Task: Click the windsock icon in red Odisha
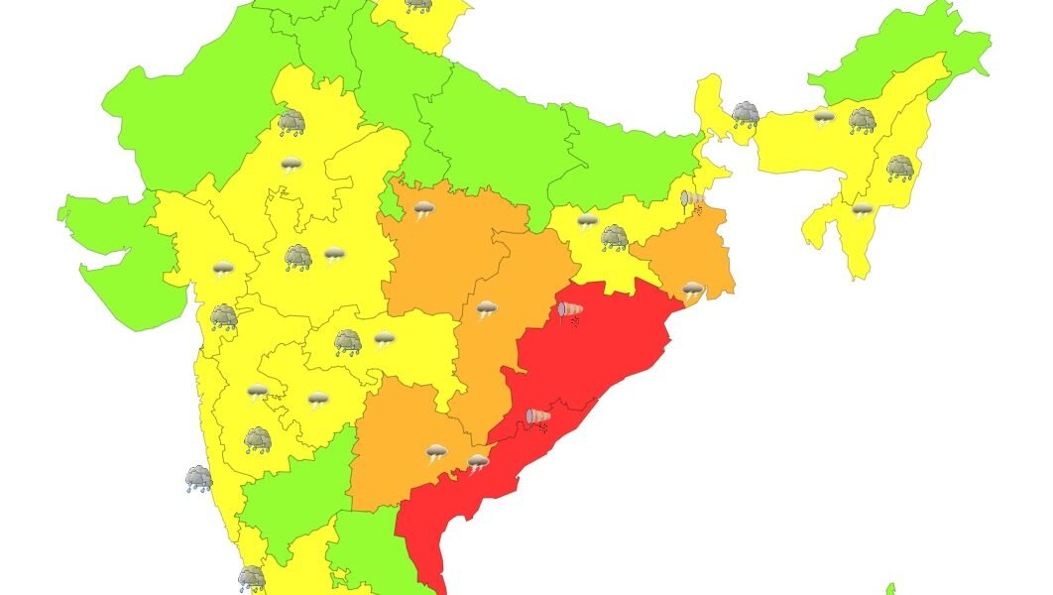[x=570, y=312]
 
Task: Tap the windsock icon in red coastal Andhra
[x=538, y=418]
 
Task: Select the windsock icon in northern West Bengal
[x=693, y=201]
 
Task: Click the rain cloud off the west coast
[x=198, y=479]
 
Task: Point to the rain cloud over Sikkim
[x=746, y=114]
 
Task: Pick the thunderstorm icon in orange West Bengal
[x=693, y=291]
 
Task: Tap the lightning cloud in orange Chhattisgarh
[x=486, y=310]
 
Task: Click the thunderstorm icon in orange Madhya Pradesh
[x=423, y=210]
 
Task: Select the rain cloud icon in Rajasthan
[x=292, y=122]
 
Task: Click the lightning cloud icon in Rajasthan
[x=291, y=165]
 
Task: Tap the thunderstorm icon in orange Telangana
[x=436, y=454]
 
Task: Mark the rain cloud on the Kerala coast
[x=251, y=577]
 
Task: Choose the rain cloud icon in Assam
[x=862, y=121]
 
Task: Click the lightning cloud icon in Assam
[x=824, y=118]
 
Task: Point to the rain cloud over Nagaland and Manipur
[x=899, y=167]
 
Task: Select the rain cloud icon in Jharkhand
[x=614, y=236]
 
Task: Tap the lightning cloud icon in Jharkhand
[x=587, y=220]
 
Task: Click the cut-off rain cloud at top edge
[x=418, y=5]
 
